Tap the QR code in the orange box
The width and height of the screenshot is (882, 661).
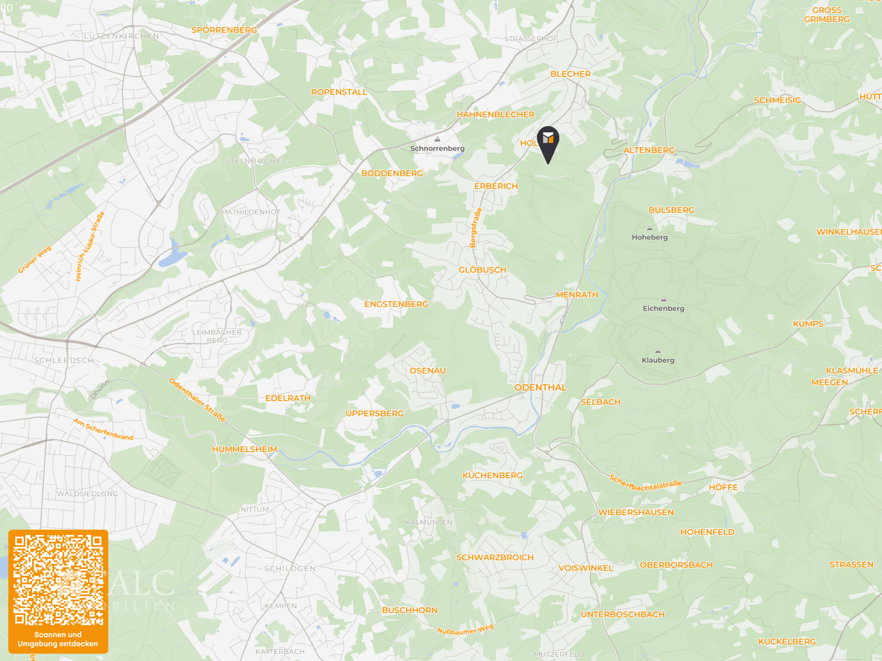58,580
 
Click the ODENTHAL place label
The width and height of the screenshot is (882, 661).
540,387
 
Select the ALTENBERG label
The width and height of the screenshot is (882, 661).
649,150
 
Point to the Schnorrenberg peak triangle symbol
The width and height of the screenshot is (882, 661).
437,139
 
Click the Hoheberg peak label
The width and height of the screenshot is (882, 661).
650,237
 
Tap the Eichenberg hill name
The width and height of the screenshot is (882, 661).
663,308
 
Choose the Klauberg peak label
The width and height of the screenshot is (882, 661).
658,360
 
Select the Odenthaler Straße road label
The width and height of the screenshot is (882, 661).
197,400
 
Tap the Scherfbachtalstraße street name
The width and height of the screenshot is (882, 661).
645,483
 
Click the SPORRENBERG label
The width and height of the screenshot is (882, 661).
224,30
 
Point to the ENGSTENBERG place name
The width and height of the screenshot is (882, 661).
396,304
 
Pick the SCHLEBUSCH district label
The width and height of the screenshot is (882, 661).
64,360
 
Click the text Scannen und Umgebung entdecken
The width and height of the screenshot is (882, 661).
58,639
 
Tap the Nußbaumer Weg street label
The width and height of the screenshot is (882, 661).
465,629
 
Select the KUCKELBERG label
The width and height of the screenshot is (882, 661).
787,642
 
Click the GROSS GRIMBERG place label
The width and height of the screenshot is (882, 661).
826,15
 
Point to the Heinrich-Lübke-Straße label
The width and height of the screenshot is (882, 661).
90,246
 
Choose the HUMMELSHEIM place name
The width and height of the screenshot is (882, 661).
244,449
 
